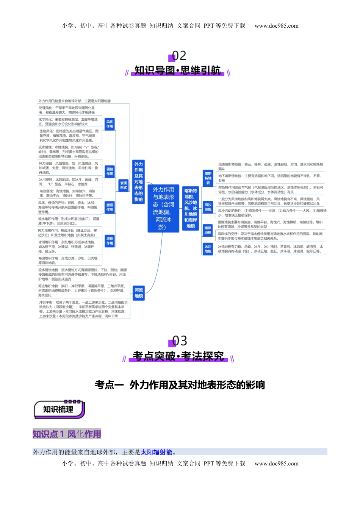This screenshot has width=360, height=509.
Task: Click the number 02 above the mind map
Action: coord(179,56)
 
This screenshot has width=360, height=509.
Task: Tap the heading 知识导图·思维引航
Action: coord(177,70)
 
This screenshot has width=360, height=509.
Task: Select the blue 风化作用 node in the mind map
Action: coord(110,124)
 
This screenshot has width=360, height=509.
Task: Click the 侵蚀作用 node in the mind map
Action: coord(110,172)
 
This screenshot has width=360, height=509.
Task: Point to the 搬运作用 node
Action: coord(110,207)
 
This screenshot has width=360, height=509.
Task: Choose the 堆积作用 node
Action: coord(110,241)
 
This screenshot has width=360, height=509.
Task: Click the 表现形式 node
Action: coord(124,185)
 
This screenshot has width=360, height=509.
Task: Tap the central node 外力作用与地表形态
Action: coord(163,208)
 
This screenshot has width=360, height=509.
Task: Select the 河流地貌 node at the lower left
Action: coord(139,293)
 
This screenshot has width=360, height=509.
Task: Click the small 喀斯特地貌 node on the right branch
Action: coord(208,178)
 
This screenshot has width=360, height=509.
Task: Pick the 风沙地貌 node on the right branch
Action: coord(208,207)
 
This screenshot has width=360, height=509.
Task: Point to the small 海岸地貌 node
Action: coord(208,230)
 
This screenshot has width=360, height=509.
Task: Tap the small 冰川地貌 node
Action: coord(208,249)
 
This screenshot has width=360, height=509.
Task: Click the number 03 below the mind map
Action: coord(179,341)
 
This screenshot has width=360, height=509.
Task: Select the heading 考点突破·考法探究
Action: coord(178,356)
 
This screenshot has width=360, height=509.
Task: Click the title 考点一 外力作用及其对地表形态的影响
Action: coord(180,385)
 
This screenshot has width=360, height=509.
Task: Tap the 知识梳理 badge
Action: coord(58,409)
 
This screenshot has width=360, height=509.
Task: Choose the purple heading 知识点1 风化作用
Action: coord(67,434)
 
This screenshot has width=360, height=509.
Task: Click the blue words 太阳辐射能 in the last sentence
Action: coord(157,452)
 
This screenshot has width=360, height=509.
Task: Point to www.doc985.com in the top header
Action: coord(276,26)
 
